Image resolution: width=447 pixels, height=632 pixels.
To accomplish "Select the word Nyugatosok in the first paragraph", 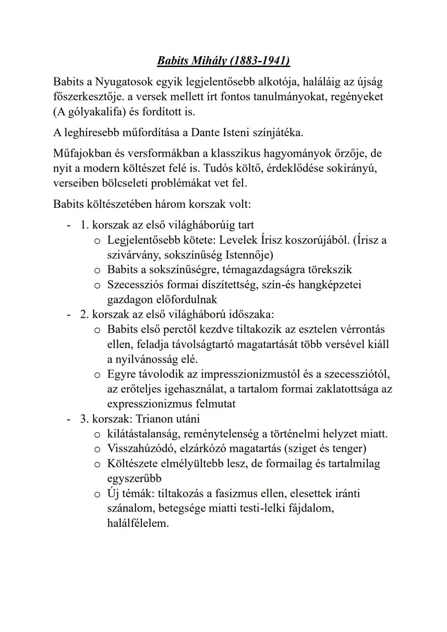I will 124,82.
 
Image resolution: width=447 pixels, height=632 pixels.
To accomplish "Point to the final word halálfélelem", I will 138,523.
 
